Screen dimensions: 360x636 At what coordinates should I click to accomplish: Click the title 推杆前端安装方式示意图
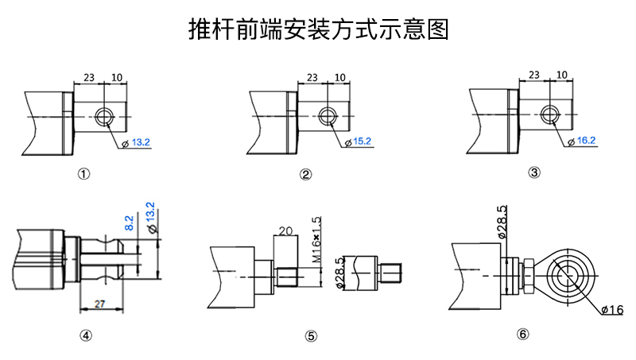tap(318, 29)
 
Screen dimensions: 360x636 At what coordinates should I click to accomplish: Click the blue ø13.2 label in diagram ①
tap(141, 142)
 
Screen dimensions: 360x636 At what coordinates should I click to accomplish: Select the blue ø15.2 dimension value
tap(362, 141)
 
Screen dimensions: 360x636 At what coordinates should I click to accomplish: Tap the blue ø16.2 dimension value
tap(586, 141)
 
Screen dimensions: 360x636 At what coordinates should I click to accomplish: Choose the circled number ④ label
tap(85, 335)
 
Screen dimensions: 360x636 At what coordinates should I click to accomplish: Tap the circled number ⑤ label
tap(311, 335)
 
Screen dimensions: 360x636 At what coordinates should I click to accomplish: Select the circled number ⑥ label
tap(522, 335)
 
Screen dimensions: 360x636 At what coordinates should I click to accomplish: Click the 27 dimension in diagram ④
tap(99, 303)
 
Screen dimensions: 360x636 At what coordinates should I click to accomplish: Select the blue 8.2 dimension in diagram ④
tap(130, 223)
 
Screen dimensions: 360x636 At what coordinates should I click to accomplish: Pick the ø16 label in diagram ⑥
tap(611, 308)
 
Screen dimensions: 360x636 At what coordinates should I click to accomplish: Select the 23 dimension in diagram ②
tap(312, 78)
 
